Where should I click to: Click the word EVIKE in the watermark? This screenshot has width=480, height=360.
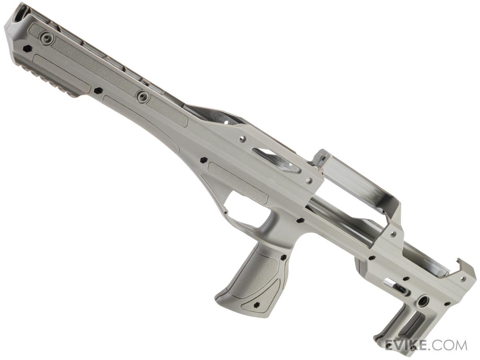pos(407,346)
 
